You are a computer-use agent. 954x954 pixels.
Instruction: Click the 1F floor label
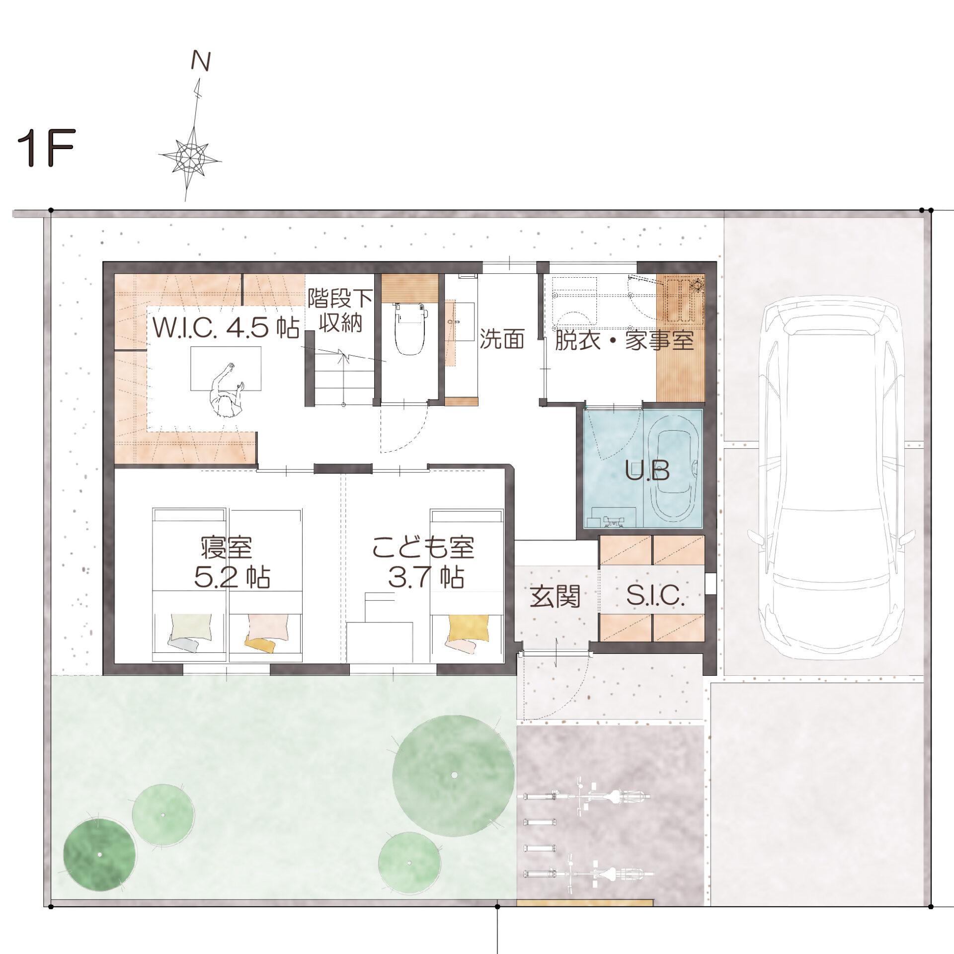click(46, 148)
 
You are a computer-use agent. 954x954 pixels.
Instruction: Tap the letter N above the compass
click(201, 61)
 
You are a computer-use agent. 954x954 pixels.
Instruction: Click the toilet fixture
click(410, 328)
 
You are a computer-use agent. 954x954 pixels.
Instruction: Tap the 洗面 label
click(502, 339)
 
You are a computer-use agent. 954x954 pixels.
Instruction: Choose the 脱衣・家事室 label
click(624, 340)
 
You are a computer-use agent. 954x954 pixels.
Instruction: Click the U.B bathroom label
click(647, 470)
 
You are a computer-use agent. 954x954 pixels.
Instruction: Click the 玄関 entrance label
click(555, 596)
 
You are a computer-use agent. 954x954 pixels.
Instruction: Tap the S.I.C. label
click(655, 595)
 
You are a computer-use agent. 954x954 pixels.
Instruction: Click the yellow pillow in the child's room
click(469, 628)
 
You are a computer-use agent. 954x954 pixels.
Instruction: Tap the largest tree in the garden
click(453, 775)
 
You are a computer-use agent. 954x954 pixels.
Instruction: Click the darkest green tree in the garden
click(99, 854)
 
